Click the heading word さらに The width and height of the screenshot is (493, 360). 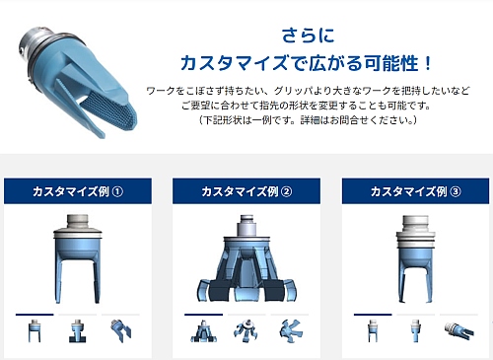pyautogui.click(x=308, y=36)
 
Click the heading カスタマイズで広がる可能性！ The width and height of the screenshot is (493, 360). pyautogui.click(x=306, y=63)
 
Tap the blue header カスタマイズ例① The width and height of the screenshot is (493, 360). pyautogui.click(x=78, y=191)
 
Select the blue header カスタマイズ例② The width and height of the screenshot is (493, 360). pyautogui.click(x=246, y=191)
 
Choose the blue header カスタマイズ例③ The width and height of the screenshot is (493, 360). pyautogui.click(x=415, y=191)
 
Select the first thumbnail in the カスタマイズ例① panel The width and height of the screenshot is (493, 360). pyautogui.click(x=35, y=330)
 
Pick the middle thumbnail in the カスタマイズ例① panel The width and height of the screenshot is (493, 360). pyautogui.click(x=77, y=330)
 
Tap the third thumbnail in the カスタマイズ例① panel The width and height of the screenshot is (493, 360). pyautogui.click(x=121, y=330)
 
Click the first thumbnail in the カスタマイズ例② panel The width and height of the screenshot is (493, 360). pyautogui.click(x=204, y=331)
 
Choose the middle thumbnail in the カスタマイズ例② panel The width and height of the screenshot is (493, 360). pyautogui.click(x=246, y=330)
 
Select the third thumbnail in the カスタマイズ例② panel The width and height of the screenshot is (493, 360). pyautogui.click(x=290, y=330)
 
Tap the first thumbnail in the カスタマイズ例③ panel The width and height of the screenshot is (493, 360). pyautogui.click(x=373, y=330)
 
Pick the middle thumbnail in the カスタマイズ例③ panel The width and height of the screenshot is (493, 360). pyautogui.click(x=415, y=330)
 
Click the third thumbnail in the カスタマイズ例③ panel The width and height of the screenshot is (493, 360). pyautogui.click(x=458, y=330)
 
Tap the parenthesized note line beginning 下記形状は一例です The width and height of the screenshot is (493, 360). pyautogui.click(x=308, y=120)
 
